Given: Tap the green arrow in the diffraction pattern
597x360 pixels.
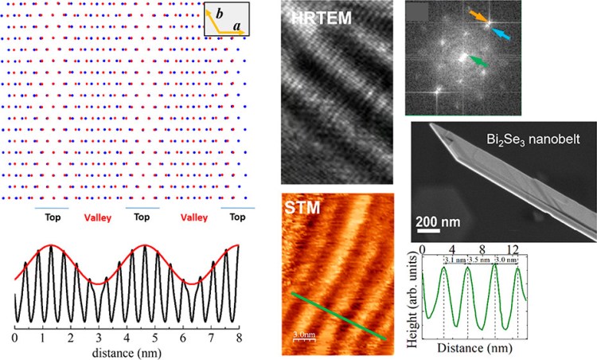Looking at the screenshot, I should pyautogui.click(x=475, y=61).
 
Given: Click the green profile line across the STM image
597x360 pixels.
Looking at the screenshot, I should pyautogui.click(x=338, y=316).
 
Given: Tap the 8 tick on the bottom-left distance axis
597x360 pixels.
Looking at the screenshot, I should pyautogui.click(x=238, y=337).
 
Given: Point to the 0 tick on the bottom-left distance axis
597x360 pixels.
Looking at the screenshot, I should pyautogui.click(x=14, y=337).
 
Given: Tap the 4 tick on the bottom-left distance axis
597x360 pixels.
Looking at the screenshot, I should pyautogui.click(x=126, y=337).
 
